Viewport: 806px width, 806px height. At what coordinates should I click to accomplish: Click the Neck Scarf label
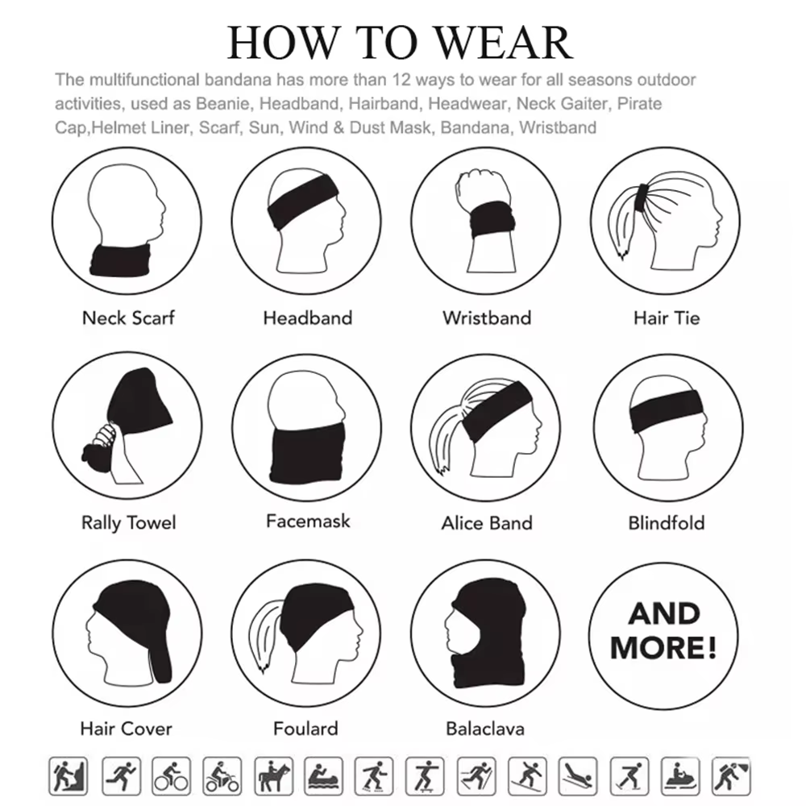tap(128, 318)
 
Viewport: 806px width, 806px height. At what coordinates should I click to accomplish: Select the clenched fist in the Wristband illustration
tap(482, 189)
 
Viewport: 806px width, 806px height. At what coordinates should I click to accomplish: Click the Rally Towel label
tap(128, 523)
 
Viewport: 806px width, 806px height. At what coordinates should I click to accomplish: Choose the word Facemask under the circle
tap(308, 521)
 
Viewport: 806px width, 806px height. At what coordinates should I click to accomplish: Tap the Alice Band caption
tap(487, 523)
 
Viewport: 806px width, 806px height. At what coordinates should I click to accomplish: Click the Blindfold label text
tap(667, 523)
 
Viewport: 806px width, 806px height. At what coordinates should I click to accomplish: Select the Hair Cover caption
tap(127, 729)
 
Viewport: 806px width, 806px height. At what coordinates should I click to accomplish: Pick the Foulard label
tap(305, 729)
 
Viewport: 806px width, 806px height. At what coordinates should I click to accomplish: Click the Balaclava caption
tap(485, 729)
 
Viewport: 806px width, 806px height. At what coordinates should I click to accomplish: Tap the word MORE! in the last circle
tap(663, 647)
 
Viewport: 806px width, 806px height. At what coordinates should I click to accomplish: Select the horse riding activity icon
tap(273, 775)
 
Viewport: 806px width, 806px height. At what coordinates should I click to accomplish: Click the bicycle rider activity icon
tap(171, 775)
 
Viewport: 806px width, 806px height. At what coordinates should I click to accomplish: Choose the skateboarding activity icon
tap(425, 775)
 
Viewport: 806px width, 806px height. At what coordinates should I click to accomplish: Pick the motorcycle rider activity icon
tap(222, 775)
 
